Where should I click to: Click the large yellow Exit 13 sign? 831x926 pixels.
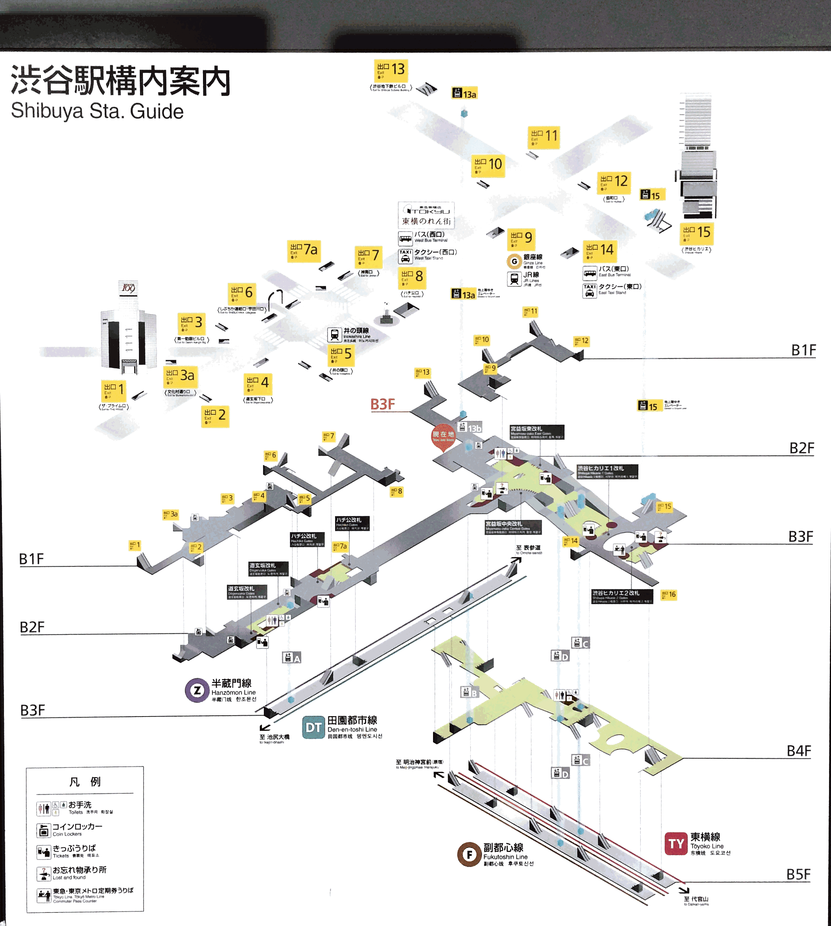click(x=391, y=70)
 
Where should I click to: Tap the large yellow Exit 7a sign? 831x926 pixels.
click(x=304, y=251)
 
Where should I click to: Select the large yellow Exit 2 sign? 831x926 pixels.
click(x=215, y=416)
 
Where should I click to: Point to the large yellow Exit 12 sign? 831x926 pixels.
click(x=614, y=182)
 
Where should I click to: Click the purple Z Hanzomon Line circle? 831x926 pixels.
click(x=197, y=690)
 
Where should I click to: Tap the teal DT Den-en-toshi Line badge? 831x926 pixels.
click(x=313, y=727)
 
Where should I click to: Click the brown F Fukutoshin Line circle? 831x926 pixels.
click(x=469, y=854)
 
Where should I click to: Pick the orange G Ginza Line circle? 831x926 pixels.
click(x=514, y=261)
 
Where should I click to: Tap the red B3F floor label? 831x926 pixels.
click(x=382, y=404)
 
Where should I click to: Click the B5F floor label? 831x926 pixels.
click(x=798, y=874)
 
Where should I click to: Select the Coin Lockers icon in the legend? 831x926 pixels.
click(x=43, y=830)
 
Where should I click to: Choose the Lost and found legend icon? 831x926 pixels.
click(x=43, y=873)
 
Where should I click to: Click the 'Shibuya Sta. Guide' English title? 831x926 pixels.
click(x=97, y=111)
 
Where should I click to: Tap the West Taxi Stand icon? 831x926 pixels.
click(x=406, y=256)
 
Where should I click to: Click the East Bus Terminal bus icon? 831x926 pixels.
click(x=590, y=273)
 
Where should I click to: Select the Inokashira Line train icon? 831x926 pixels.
click(x=335, y=335)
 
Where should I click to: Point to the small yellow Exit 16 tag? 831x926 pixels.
click(x=669, y=594)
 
